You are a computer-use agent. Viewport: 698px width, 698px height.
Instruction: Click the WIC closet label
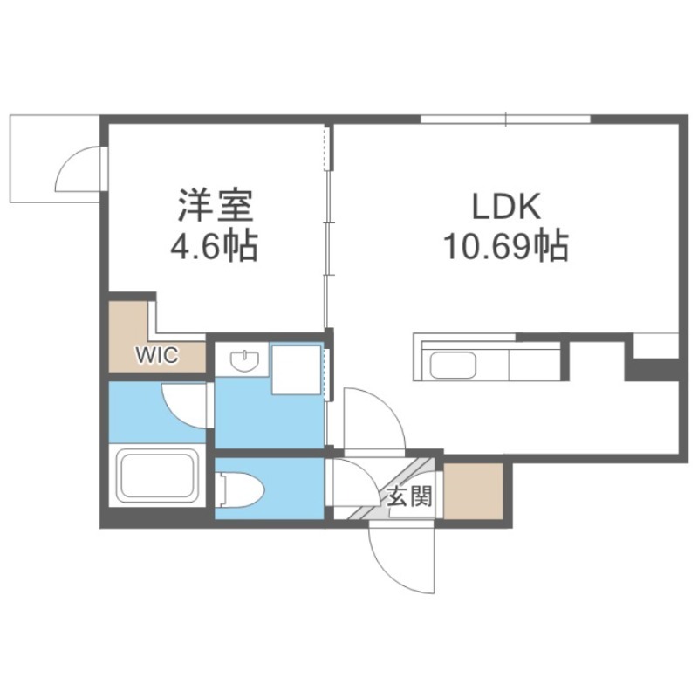[x=157, y=355]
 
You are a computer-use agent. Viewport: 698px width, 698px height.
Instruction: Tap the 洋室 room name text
[x=216, y=206]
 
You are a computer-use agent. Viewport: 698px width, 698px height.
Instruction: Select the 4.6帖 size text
[x=214, y=246]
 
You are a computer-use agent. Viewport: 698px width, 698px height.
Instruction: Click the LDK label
[x=506, y=206]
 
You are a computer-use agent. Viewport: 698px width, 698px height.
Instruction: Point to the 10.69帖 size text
[x=506, y=245]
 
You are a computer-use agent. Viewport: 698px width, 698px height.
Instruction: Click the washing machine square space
[x=297, y=369]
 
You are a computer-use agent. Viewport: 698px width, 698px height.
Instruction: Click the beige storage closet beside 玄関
[x=473, y=490]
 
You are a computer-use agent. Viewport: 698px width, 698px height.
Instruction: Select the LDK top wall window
[x=506, y=120]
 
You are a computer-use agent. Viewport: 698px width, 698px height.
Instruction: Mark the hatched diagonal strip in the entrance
[x=392, y=489]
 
